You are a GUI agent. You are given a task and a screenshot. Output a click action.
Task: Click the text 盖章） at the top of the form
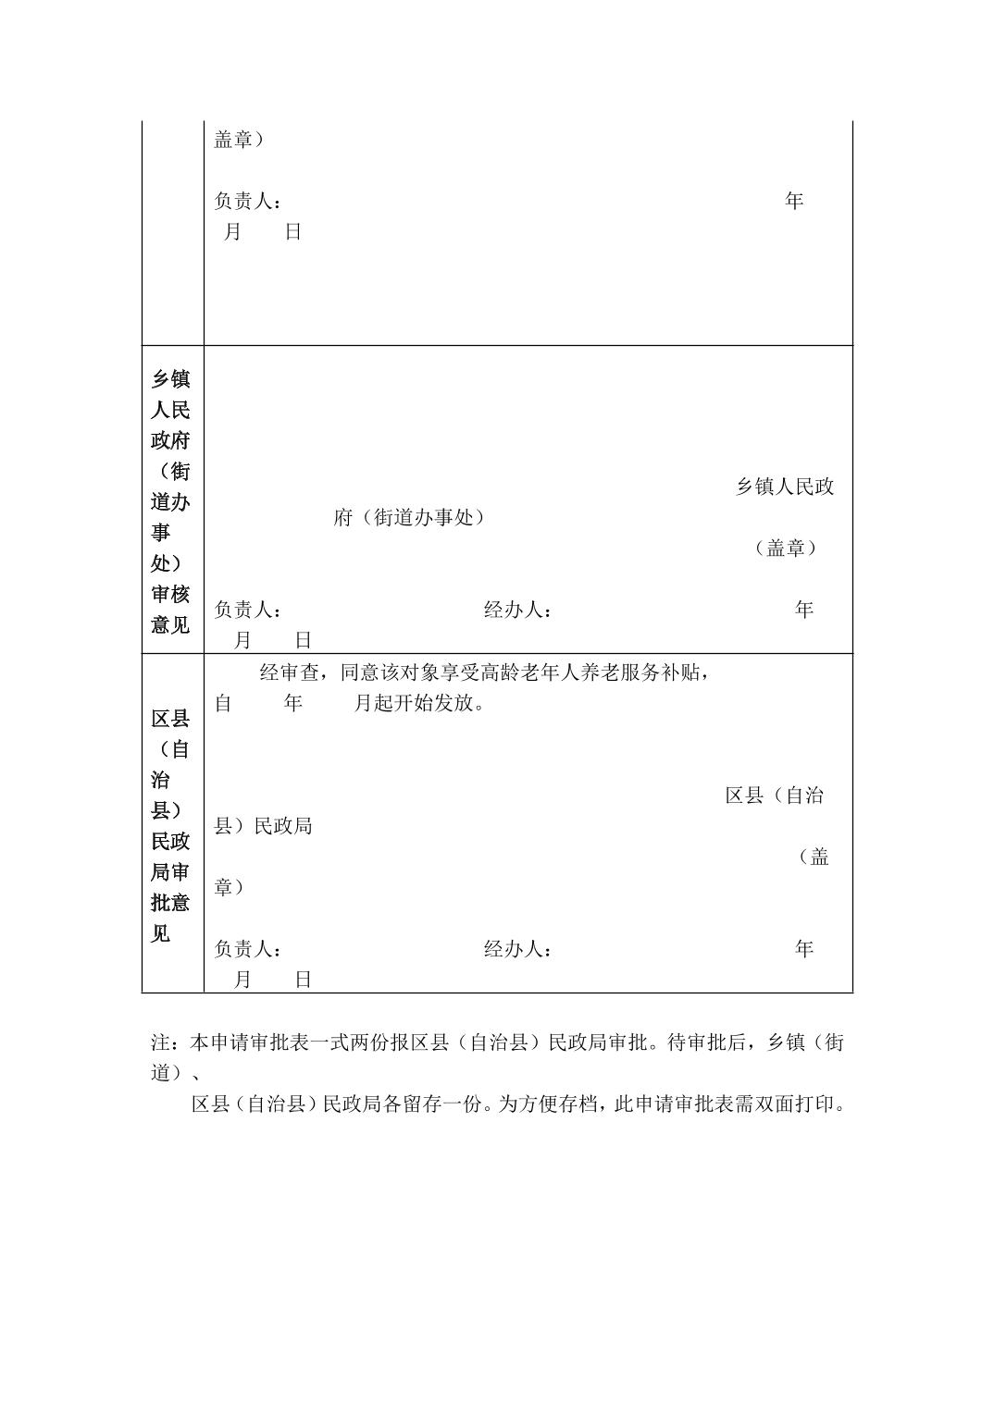pyautogui.click(x=239, y=140)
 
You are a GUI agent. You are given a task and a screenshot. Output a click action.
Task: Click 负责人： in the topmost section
pyautogui.click(x=248, y=201)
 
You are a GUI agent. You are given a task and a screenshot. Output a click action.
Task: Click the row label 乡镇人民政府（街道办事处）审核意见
pyautogui.click(x=170, y=501)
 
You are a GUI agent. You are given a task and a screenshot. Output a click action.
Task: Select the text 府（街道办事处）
pyautogui.click(x=409, y=518)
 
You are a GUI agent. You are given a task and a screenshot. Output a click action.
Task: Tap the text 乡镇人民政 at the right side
pyautogui.click(x=785, y=487)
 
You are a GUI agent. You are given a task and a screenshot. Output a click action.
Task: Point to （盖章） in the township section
pyautogui.click(x=786, y=549)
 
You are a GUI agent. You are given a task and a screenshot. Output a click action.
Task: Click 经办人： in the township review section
pyautogui.click(x=517, y=610)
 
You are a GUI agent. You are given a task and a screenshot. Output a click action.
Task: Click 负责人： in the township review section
pyautogui.click(x=248, y=610)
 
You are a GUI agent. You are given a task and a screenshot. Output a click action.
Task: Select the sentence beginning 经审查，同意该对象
pyautogui.click(x=485, y=672)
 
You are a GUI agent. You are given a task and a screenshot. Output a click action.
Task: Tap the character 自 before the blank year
pyautogui.click(x=223, y=704)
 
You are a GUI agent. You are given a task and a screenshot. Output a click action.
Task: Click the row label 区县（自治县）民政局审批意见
pyautogui.click(x=170, y=825)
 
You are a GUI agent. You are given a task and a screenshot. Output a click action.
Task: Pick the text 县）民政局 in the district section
pyautogui.click(x=264, y=826)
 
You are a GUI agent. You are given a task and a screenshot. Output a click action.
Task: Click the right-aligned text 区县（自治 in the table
pyautogui.click(x=775, y=795)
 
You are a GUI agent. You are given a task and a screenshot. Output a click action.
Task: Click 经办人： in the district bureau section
pyautogui.click(x=517, y=949)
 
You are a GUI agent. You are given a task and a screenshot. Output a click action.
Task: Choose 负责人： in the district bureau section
pyautogui.click(x=248, y=949)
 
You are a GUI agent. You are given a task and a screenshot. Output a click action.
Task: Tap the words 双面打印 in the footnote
pyautogui.click(x=796, y=1104)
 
